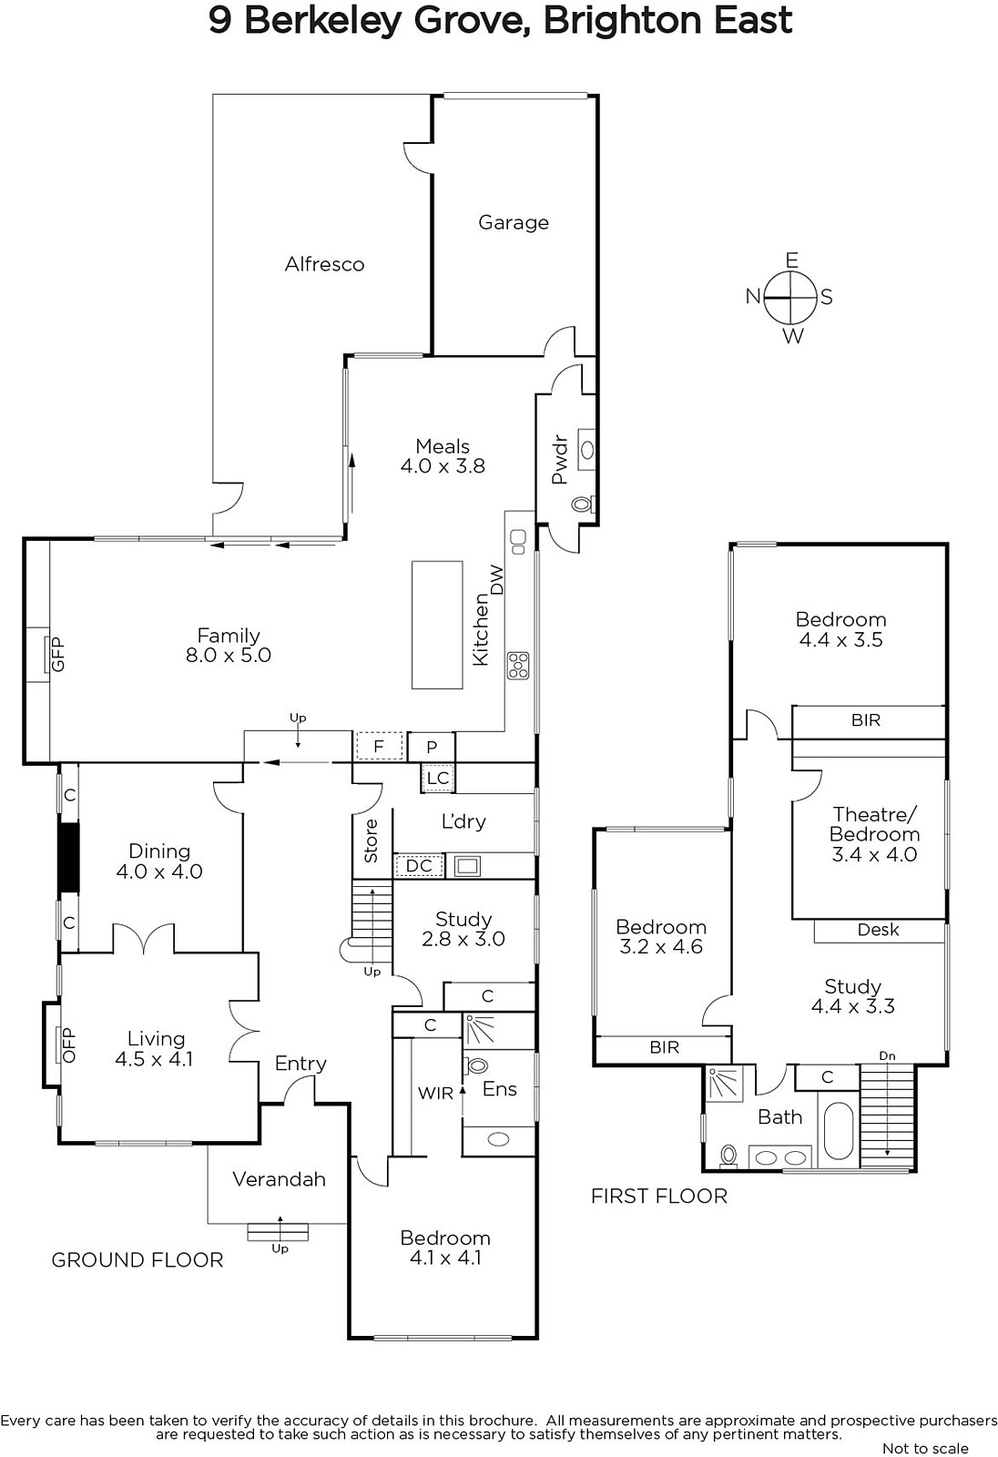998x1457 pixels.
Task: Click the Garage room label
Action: (x=514, y=223)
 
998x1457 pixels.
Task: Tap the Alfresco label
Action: (x=325, y=264)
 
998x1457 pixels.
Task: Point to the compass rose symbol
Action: (x=789, y=298)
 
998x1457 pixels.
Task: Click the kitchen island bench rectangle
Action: (x=437, y=625)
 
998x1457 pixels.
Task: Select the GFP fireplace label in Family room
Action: (x=58, y=655)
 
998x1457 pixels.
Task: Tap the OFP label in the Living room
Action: (x=69, y=1044)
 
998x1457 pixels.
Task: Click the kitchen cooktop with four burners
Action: (x=518, y=666)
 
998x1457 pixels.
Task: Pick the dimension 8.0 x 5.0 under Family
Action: (x=229, y=655)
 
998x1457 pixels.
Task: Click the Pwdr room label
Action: (x=559, y=460)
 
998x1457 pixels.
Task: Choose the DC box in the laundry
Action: (x=419, y=866)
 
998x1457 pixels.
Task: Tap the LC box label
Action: (x=438, y=779)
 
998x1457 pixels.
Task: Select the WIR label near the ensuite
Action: (x=435, y=1094)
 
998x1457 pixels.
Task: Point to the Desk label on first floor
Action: (x=879, y=930)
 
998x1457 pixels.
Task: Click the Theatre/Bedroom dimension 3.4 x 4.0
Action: (x=874, y=854)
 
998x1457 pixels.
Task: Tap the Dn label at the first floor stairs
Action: (x=888, y=1055)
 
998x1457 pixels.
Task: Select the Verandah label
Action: (x=280, y=1179)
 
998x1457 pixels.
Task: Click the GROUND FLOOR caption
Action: (x=137, y=1260)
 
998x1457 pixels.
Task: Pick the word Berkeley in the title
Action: (x=323, y=22)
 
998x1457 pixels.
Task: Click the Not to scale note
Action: (x=925, y=1448)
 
